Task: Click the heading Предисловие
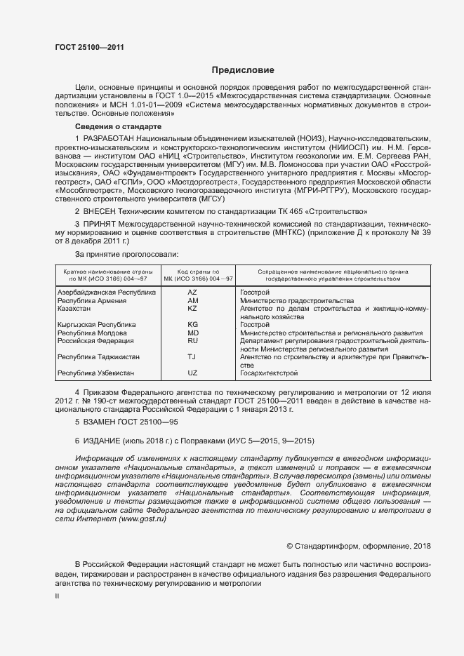[244, 70]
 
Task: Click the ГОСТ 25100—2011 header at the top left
[84, 48]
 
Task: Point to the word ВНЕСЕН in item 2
[100, 210]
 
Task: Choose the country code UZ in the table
[193, 373]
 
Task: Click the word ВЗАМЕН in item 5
[101, 422]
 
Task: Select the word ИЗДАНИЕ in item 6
[102, 441]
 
